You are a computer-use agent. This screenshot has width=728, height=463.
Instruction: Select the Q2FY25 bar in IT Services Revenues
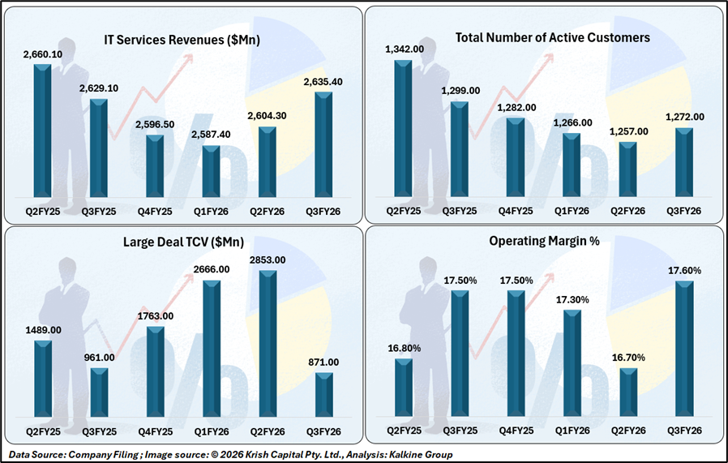(42, 130)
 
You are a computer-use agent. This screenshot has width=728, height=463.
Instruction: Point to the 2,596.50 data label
(155, 125)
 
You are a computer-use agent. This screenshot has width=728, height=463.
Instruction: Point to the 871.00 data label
(323, 362)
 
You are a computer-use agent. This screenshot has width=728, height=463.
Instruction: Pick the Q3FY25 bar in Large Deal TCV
(99, 397)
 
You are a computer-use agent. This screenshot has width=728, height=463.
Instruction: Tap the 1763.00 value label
(155, 316)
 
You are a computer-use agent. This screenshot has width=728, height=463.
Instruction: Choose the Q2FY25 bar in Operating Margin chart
(404, 392)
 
